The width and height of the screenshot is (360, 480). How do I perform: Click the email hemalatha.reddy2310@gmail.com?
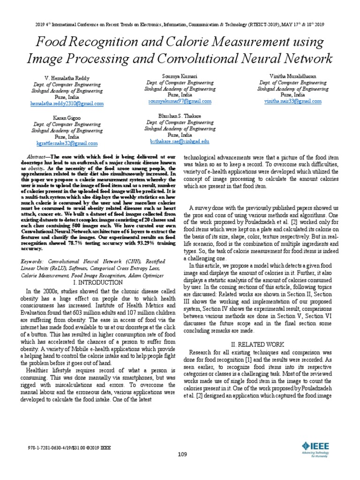pos(67,103)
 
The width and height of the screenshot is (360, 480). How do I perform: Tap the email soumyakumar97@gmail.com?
pos(180,101)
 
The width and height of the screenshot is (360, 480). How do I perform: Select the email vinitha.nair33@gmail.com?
pos(292,101)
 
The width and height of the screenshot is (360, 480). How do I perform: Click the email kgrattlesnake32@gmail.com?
pos(67,143)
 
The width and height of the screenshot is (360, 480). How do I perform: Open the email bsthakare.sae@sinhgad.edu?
pos(180,141)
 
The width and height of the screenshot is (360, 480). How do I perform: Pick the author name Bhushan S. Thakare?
pos(180,114)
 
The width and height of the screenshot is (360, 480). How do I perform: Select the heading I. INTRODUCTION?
pos(98,283)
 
